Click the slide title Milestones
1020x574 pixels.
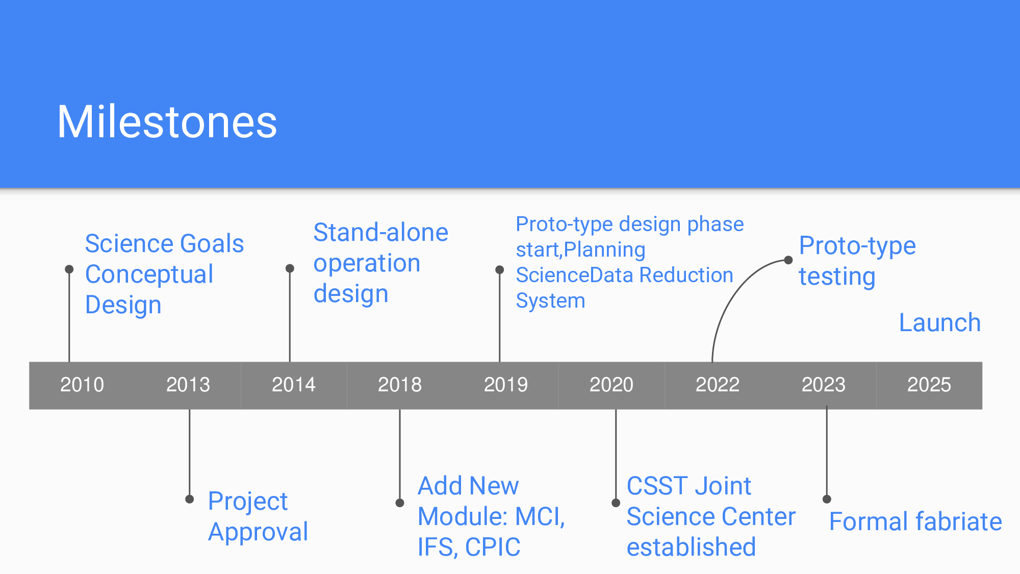[x=167, y=121]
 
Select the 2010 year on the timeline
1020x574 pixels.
[x=82, y=385]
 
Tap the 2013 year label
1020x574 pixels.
[x=188, y=385]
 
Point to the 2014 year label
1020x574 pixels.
[x=294, y=385]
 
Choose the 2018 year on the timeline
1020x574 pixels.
[x=400, y=385]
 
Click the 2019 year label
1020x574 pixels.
[x=506, y=385]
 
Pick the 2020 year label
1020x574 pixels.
[x=611, y=385]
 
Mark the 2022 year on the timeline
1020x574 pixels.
[x=718, y=385]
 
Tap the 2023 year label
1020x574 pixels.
[x=824, y=385]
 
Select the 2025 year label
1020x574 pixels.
[x=929, y=385]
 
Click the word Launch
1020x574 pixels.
[x=940, y=323]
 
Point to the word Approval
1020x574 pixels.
[x=258, y=533]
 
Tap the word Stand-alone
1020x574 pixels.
[x=381, y=233]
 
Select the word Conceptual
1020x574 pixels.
[x=149, y=275]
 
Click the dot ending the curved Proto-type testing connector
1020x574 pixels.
[x=788, y=260]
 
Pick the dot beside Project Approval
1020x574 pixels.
[x=190, y=499]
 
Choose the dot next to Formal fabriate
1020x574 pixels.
[x=827, y=499]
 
